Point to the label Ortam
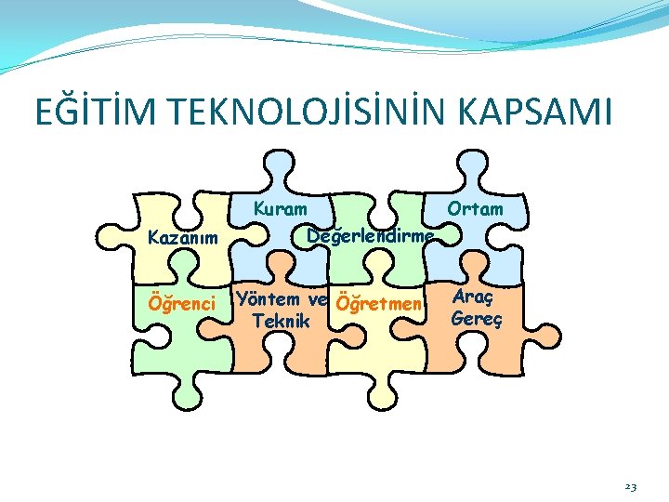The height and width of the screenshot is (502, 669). click(x=475, y=209)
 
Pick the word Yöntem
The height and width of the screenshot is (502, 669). click(x=268, y=299)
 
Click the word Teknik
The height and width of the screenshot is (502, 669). click(x=281, y=321)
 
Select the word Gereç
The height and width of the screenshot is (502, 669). click(x=476, y=318)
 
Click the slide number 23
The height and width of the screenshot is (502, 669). click(x=630, y=484)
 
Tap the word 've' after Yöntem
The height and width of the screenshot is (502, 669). click(x=317, y=299)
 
